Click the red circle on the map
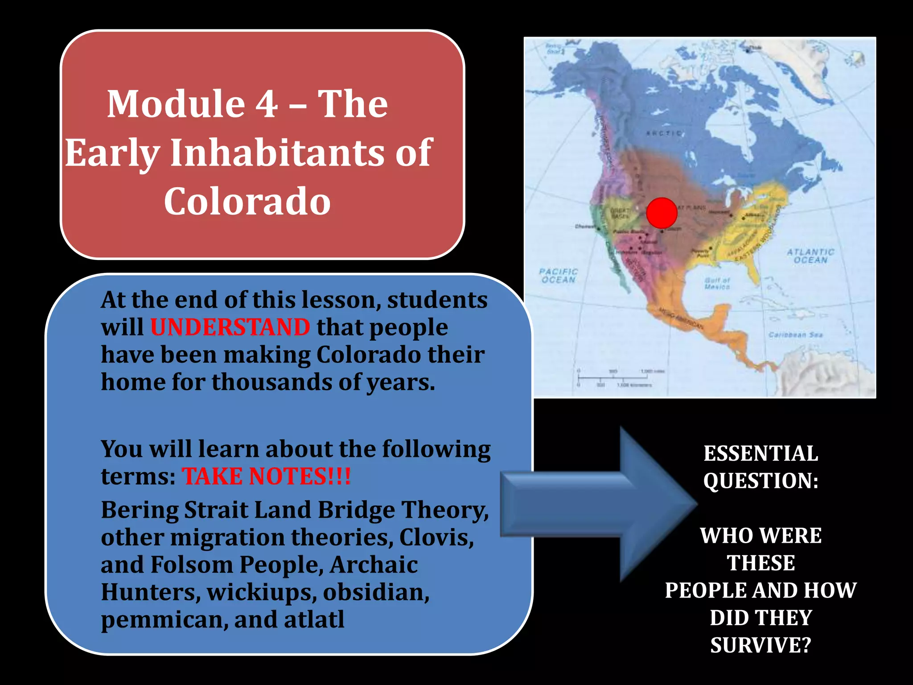662,213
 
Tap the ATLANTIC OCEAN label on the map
810,256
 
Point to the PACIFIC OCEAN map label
558,276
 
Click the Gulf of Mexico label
717,284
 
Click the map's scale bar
615,378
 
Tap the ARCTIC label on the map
664,133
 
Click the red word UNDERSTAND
230,327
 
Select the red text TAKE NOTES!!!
266,476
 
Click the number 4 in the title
266,104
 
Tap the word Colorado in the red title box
247,201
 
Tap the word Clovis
436,537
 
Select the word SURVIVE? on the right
761,645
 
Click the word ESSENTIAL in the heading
761,453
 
